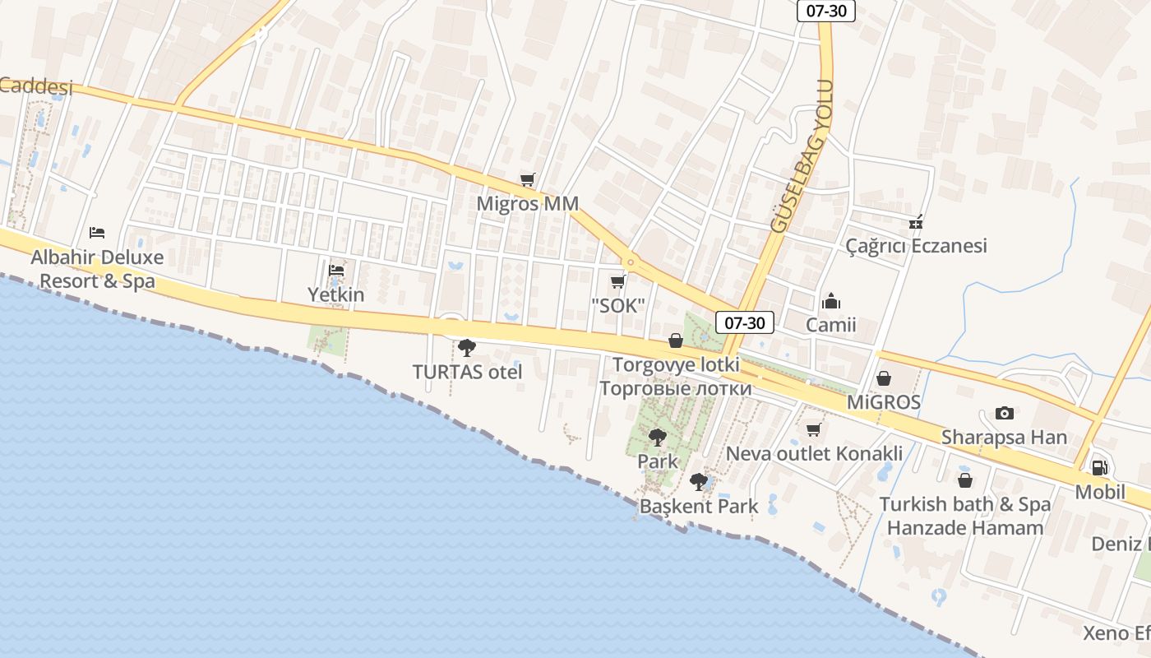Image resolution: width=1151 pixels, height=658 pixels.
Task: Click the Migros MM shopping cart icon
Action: pos(528,180)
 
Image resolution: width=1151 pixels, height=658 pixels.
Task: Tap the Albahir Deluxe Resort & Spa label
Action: pos(97,269)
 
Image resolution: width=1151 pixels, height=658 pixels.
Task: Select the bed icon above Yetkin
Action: pos(336,270)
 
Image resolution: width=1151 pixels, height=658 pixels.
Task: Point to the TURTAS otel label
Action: pos(467,372)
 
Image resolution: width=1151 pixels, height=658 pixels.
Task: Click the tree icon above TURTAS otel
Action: pos(467,348)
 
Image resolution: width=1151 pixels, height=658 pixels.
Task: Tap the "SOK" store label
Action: pos(617,305)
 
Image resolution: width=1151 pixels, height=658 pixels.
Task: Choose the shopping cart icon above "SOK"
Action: pos(617,282)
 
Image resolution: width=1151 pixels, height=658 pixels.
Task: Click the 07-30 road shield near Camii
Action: pos(744,322)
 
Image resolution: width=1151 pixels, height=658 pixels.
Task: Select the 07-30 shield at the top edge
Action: pos(826,11)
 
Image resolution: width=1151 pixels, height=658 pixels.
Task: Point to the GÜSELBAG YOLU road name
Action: pos(802,156)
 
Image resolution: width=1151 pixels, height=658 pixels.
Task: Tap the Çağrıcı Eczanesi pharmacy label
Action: pos(916,246)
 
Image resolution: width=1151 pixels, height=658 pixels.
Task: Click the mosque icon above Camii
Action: pos(831,301)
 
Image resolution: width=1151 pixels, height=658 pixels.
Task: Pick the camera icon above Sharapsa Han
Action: pos(1004,413)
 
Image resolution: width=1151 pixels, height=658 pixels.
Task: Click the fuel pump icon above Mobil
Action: pos(1099,468)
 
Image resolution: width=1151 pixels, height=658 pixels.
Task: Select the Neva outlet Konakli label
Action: pos(814,453)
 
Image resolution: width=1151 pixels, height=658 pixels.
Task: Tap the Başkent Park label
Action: pos(699,506)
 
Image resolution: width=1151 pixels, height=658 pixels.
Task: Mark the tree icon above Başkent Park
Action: pos(699,482)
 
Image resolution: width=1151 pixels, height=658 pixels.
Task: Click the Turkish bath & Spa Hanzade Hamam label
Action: pos(965,516)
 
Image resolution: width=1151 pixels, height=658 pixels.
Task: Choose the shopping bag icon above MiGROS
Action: pos(884,378)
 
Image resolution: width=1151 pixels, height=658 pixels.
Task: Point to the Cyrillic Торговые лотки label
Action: pos(676,388)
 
